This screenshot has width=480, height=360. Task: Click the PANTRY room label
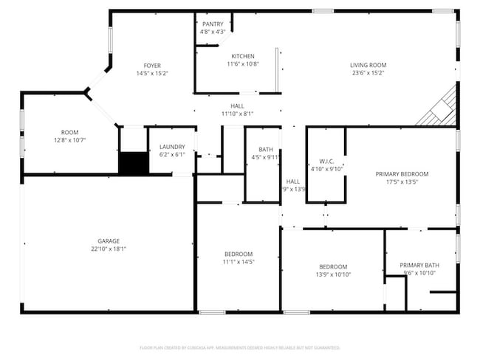point(213,24)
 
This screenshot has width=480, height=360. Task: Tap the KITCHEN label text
point(243,56)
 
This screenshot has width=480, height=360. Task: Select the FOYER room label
point(152,66)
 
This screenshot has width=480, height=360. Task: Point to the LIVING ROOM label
point(368,65)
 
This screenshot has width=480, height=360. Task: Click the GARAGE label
point(109,240)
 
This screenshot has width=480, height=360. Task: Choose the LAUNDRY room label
point(172,147)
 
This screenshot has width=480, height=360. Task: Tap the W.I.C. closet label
point(327,161)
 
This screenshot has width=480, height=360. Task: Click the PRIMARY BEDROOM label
point(402,174)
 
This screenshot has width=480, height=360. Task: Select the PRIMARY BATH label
point(419,265)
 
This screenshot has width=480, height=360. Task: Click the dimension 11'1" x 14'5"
point(239,261)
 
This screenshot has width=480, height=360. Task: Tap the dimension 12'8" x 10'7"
point(69,140)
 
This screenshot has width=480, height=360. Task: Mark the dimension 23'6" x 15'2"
point(368,73)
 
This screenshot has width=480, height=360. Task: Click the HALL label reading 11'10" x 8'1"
point(237,114)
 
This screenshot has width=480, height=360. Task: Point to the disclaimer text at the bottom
point(239,347)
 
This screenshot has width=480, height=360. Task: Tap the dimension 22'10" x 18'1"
point(109,249)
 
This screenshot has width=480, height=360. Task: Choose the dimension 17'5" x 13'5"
point(402,182)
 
